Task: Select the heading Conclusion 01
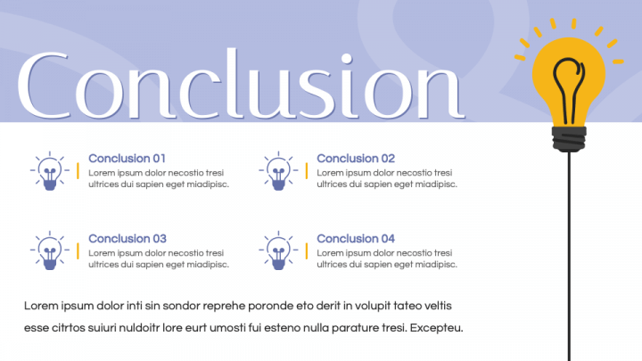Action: (127, 158)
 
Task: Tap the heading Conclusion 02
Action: (355, 158)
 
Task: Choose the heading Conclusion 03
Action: (127, 238)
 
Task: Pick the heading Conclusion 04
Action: (355, 238)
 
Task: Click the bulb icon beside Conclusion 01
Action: (50, 169)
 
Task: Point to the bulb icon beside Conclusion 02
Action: (279, 169)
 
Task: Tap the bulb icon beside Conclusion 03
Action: (50, 250)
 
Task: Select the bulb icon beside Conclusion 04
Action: (279, 250)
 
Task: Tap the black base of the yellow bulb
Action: (569, 137)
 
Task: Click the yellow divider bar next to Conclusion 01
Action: (78, 171)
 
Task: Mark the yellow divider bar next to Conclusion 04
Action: (307, 251)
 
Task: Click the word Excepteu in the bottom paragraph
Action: (436, 327)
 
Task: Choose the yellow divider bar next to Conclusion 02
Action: (307, 171)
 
